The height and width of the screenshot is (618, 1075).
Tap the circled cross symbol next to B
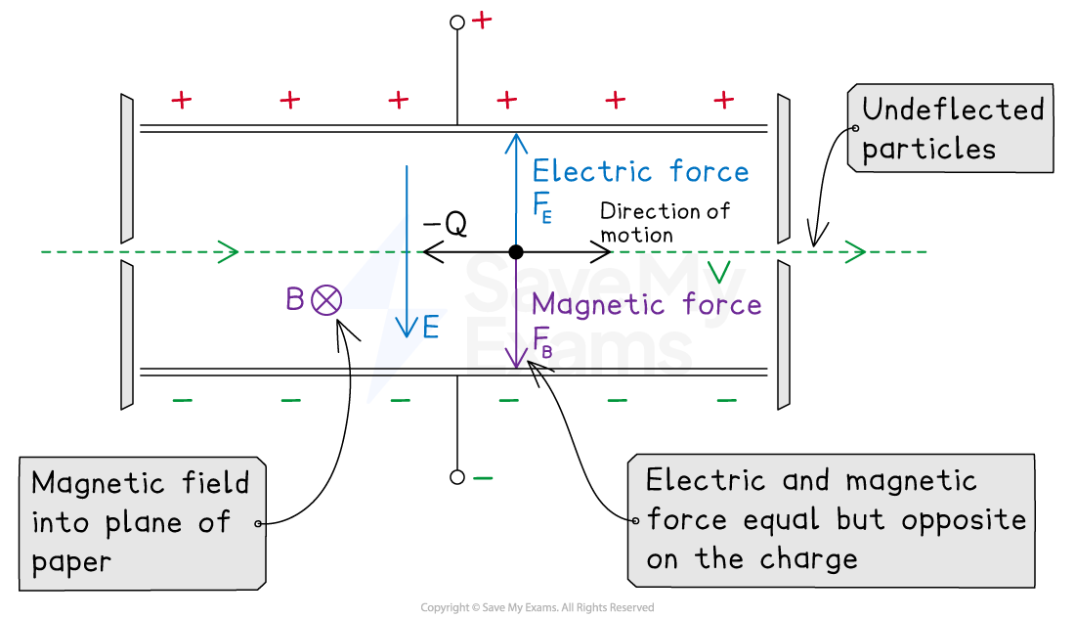(x=326, y=300)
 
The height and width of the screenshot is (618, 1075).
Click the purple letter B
(x=294, y=299)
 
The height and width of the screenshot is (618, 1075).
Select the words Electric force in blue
(x=640, y=172)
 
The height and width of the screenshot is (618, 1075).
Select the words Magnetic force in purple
(x=646, y=304)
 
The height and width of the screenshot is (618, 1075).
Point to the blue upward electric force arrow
(x=516, y=186)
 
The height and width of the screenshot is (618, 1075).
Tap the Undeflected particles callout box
(x=951, y=129)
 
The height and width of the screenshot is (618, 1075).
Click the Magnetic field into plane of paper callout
(x=142, y=522)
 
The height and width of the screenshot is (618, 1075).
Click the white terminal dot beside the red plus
(x=456, y=22)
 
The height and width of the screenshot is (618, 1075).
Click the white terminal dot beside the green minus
(x=456, y=477)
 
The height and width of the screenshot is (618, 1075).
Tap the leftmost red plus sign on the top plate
(x=182, y=100)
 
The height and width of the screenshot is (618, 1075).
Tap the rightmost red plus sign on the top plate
(x=723, y=100)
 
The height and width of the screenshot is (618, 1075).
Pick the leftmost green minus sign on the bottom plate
(x=182, y=400)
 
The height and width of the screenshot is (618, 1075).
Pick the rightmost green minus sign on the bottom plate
(x=726, y=400)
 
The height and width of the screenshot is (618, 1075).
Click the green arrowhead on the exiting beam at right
(x=856, y=252)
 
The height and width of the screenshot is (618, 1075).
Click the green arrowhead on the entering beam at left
(x=229, y=252)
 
